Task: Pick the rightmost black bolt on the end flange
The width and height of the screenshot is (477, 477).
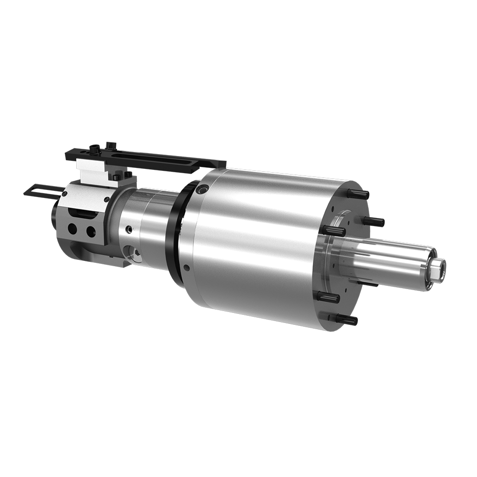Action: (375, 222)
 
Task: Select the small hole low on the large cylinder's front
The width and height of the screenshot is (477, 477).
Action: (187, 268)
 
